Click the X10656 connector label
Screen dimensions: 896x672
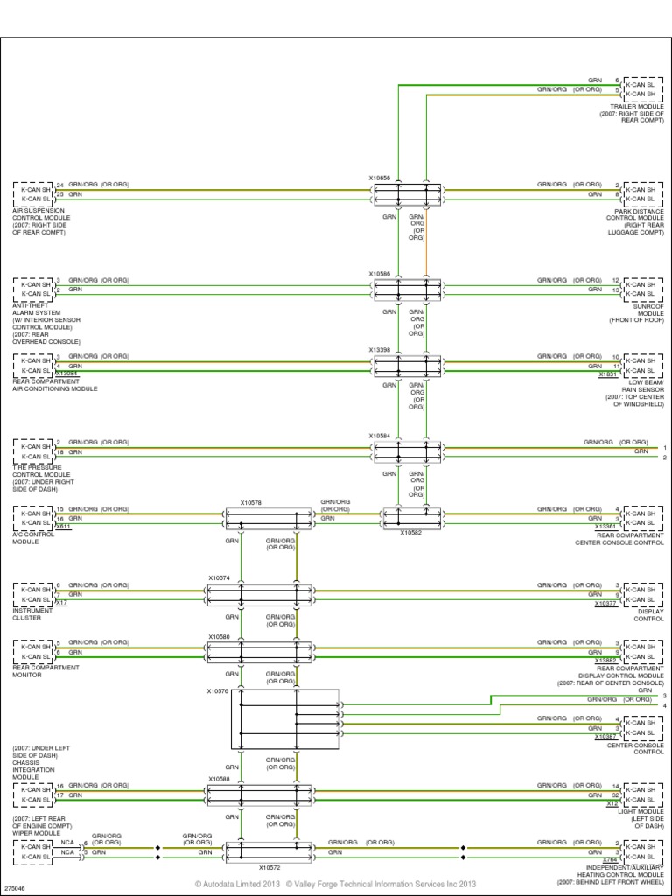(x=379, y=178)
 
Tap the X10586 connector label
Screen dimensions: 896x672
(x=379, y=273)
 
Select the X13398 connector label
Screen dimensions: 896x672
(x=379, y=349)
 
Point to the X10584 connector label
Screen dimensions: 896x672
(x=379, y=435)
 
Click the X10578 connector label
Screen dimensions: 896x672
(x=250, y=503)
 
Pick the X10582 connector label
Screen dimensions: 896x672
(x=411, y=532)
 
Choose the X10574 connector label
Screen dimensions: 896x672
(x=219, y=578)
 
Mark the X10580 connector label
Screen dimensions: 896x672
(x=219, y=636)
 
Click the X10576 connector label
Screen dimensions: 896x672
(x=217, y=691)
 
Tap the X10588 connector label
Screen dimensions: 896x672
(x=219, y=779)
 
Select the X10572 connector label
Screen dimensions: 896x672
(x=269, y=867)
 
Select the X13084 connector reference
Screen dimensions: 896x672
(x=66, y=374)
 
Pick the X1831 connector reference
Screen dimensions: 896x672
(x=607, y=374)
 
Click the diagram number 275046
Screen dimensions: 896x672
(x=16, y=885)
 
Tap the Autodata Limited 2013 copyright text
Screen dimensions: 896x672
(x=236, y=885)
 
